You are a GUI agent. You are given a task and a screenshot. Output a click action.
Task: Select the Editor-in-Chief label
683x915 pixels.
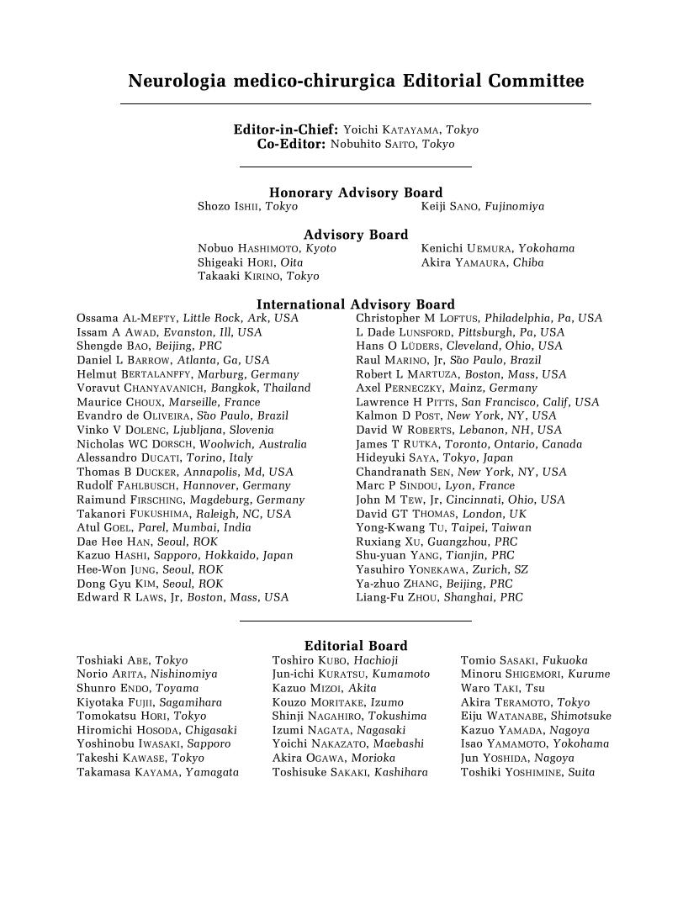(286, 130)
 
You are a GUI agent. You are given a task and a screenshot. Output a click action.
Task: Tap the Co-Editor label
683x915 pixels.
(291, 144)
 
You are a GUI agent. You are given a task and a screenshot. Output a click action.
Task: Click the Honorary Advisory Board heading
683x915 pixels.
(356, 193)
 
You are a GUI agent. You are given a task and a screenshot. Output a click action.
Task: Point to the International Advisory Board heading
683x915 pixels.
(356, 304)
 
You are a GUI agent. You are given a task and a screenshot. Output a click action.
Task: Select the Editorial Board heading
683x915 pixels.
(356, 646)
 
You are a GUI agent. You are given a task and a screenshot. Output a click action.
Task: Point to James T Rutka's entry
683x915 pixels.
(395, 444)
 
